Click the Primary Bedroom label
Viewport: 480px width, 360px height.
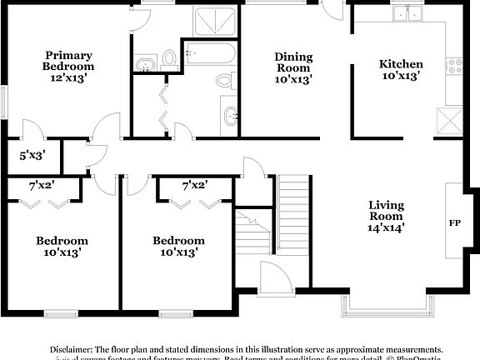tap(69, 60)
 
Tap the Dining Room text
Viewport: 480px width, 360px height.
tap(293, 62)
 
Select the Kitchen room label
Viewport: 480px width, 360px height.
tap(401, 64)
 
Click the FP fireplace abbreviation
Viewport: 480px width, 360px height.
tap(455, 222)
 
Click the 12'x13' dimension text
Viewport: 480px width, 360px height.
tap(69, 77)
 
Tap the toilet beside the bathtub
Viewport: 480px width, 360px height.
tap(224, 81)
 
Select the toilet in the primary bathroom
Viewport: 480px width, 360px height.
tap(169, 57)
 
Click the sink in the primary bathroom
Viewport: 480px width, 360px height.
tap(146, 63)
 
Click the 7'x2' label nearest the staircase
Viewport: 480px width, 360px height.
tap(194, 184)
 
